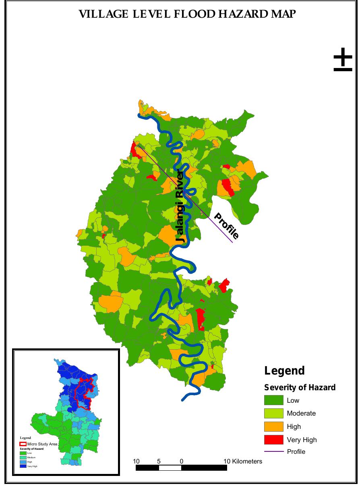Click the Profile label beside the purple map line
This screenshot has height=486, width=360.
[x=226, y=226]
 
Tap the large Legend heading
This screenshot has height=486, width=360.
[x=284, y=371]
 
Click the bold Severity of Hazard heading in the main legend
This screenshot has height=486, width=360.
[x=300, y=387]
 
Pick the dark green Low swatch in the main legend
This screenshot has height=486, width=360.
[x=274, y=400]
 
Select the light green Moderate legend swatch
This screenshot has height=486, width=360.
[x=274, y=413]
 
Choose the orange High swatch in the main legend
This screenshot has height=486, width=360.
[x=274, y=426]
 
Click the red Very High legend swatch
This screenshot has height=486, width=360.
[x=274, y=440]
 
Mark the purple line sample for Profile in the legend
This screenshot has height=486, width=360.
[x=274, y=451]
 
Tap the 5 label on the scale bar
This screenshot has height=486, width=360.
[x=159, y=461]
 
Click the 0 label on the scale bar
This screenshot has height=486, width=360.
[x=182, y=461]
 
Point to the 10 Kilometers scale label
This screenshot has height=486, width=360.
[x=243, y=461]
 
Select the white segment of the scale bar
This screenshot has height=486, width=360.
[x=170, y=468]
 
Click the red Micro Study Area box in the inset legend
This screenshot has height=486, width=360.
[x=23, y=444]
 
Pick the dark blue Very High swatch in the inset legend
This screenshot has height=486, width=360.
[x=23, y=466]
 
